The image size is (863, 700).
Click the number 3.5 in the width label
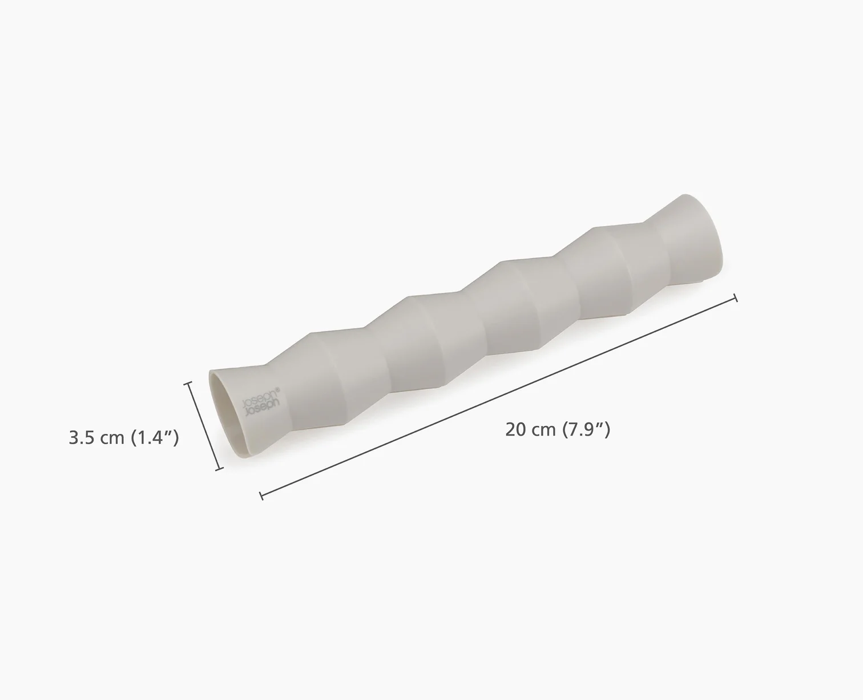[x=82, y=438]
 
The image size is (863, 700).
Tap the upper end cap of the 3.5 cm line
[x=188, y=384]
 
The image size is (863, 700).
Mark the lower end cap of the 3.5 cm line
[x=219, y=469]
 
